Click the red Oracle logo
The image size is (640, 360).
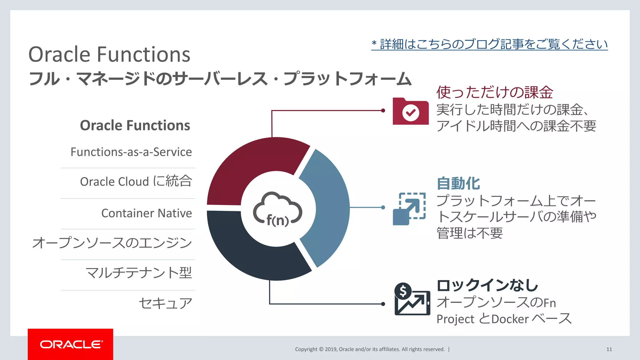pos(71,344)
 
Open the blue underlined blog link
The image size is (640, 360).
pos(489,44)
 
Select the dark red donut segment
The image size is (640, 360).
pos(253,166)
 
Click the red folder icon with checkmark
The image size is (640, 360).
pos(411,112)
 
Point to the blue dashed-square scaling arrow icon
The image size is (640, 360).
pos(409,209)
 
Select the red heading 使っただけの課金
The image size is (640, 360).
pos(495,92)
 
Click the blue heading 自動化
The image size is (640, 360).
pos(458,183)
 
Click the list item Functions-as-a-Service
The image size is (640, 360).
pos(131,152)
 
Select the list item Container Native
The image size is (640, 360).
pos(147,213)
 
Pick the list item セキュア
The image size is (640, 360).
pos(165,303)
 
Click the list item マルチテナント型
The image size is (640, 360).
pos(139,273)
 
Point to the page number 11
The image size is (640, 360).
pos(609,349)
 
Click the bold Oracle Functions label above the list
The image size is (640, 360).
pos(135,125)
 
